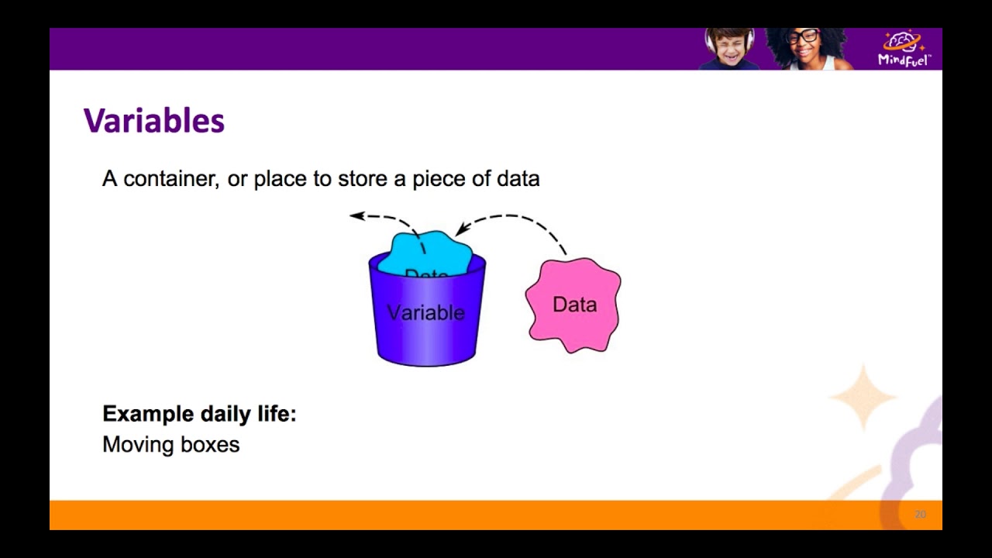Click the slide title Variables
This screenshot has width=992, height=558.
[x=153, y=121]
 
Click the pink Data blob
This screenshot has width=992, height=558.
[x=573, y=305]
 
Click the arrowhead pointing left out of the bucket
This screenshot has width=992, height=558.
[x=357, y=216]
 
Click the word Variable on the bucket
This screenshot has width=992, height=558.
[x=425, y=312]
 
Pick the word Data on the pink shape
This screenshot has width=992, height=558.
[x=574, y=305]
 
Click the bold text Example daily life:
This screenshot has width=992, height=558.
[x=199, y=414]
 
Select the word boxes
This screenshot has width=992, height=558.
[x=210, y=445]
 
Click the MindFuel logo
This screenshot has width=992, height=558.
[x=904, y=49]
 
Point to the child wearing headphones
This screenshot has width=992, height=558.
[x=730, y=49]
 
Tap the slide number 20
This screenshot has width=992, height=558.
[x=920, y=515]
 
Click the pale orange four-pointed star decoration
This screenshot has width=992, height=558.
[x=863, y=396]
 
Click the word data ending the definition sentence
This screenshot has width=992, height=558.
[x=518, y=179]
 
